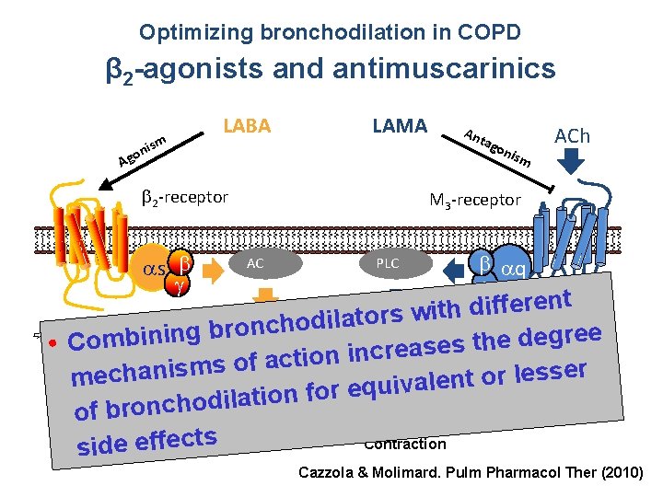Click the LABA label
point(248,126)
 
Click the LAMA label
point(399,125)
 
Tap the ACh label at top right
point(572,136)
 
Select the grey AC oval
point(256,263)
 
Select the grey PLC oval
point(388,263)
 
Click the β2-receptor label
point(184,196)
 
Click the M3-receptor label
point(476,200)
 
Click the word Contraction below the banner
point(405,445)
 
